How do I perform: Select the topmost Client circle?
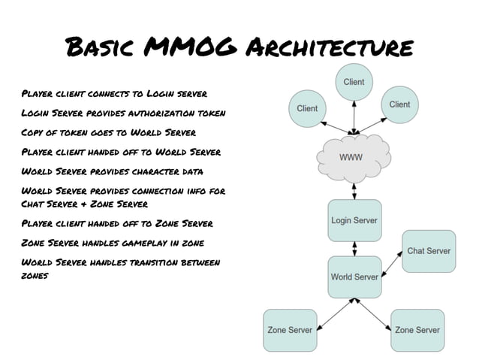[x=354, y=82]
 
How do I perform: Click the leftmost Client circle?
[x=307, y=108]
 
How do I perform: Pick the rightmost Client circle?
[x=399, y=104]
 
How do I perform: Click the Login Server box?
[x=354, y=220]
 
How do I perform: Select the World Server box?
[x=354, y=277]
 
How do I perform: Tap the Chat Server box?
[x=429, y=251]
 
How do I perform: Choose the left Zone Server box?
[x=290, y=330]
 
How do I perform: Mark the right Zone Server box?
[x=417, y=330]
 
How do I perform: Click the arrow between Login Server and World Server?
[x=354, y=249]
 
